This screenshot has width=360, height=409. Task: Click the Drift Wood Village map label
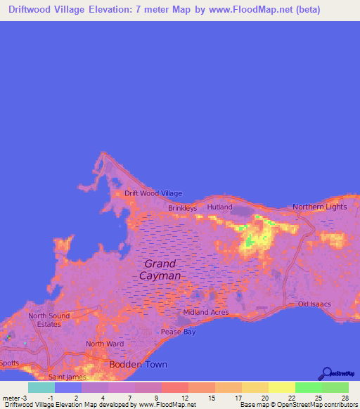(x=153, y=193)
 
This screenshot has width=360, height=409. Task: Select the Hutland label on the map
(x=219, y=207)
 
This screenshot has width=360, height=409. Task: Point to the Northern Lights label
(x=320, y=207)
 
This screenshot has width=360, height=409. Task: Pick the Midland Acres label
(x=205, y=312)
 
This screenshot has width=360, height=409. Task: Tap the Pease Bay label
(x=178, y=332)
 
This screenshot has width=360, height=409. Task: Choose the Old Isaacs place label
(x=314, y=304)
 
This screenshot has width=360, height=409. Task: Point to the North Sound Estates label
(x=49, y=320)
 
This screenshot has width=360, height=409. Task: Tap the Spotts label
(x=10, y=363)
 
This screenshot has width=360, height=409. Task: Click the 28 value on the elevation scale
(x=345, y=398)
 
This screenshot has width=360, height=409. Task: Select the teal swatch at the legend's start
(x=41, y=387)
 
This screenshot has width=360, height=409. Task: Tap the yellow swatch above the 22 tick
(x=281, y=387)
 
